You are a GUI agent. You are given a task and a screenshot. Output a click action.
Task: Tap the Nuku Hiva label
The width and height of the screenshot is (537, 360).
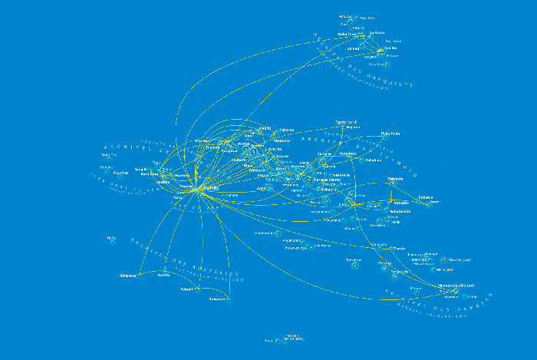click(x=346, y=35)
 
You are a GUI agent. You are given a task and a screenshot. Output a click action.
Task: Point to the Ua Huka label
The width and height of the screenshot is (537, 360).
click(x=376, y=33)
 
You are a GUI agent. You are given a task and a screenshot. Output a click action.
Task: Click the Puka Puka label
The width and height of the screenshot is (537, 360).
click(x=390, y=133)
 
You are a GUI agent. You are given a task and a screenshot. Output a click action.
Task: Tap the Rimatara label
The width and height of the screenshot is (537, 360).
click(x=127, y=274)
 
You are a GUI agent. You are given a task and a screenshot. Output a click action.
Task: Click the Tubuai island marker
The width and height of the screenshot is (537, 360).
click(x=197, y=290)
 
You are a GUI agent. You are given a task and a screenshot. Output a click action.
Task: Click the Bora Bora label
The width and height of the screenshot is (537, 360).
click(x=148, y=174)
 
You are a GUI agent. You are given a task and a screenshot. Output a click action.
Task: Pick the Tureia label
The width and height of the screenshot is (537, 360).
click(x=399, y=249)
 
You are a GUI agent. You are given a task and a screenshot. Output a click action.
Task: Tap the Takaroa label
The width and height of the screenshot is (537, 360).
click(x=285, y=130)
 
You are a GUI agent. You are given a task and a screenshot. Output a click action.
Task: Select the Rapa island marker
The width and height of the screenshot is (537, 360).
click(x=285, y=340)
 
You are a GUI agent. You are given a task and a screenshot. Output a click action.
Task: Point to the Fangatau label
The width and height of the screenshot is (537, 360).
click(x=348, y=154)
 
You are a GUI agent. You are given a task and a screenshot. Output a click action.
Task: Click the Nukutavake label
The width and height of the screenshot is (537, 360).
click(x=400, y=211)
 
